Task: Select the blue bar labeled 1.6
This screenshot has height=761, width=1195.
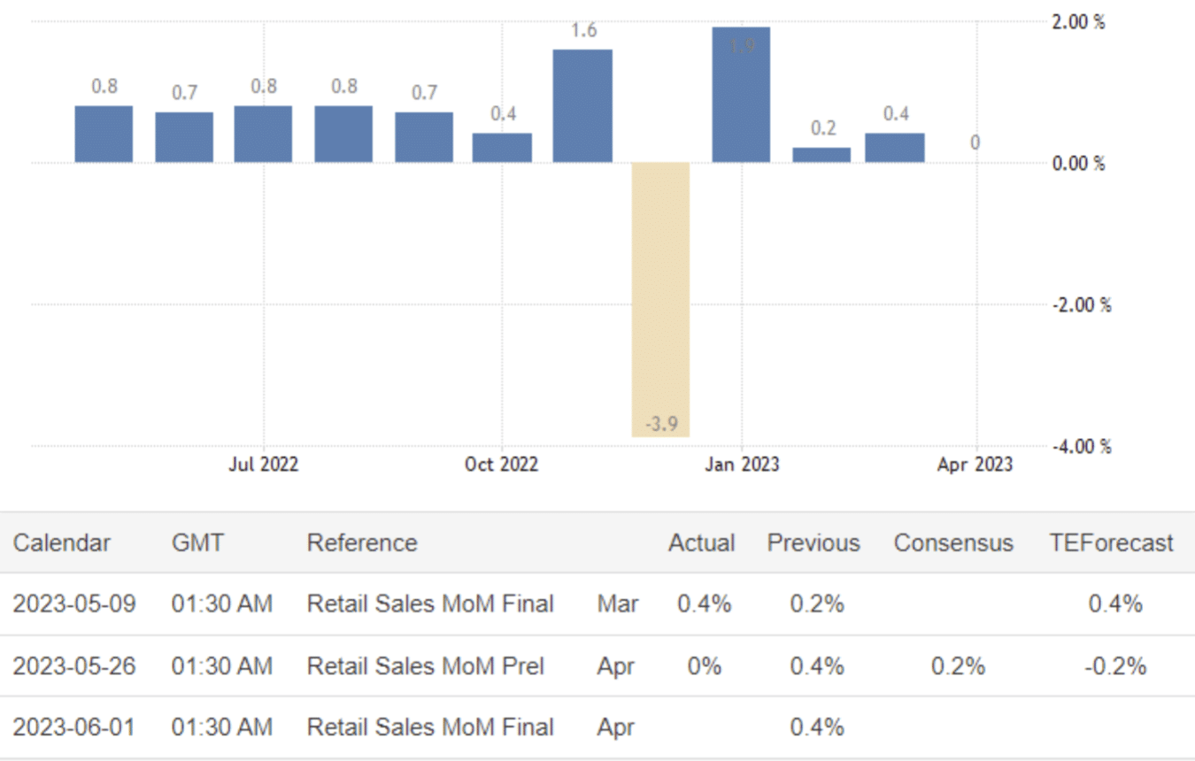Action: pos(582,105)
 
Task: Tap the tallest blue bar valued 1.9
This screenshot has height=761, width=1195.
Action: pos(741,95)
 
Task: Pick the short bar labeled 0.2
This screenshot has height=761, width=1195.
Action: pos(821,155)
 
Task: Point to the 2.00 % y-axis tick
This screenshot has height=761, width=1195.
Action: pos(1078,22)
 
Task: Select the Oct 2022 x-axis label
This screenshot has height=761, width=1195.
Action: pos(502,465)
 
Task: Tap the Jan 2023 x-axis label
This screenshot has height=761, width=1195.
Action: pos(742,465)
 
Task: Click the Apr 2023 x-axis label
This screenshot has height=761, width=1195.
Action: pos(975,465)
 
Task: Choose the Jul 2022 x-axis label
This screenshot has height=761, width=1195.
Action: pos(264,465)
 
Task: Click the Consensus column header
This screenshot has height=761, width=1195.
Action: pos(953,542)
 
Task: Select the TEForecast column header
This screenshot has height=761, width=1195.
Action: pos(1111,542)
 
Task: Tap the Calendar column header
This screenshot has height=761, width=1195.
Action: pos(62,542)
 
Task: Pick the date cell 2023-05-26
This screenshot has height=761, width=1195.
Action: pos(74,665)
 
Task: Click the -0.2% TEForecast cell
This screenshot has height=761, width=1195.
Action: pos(1115,665)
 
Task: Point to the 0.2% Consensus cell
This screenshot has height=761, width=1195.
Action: pos(958,665)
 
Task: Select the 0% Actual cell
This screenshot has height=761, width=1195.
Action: pos(705,665)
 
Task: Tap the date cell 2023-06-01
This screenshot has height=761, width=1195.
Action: pos(74,727)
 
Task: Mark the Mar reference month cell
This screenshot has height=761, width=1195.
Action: pos(618,604)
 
